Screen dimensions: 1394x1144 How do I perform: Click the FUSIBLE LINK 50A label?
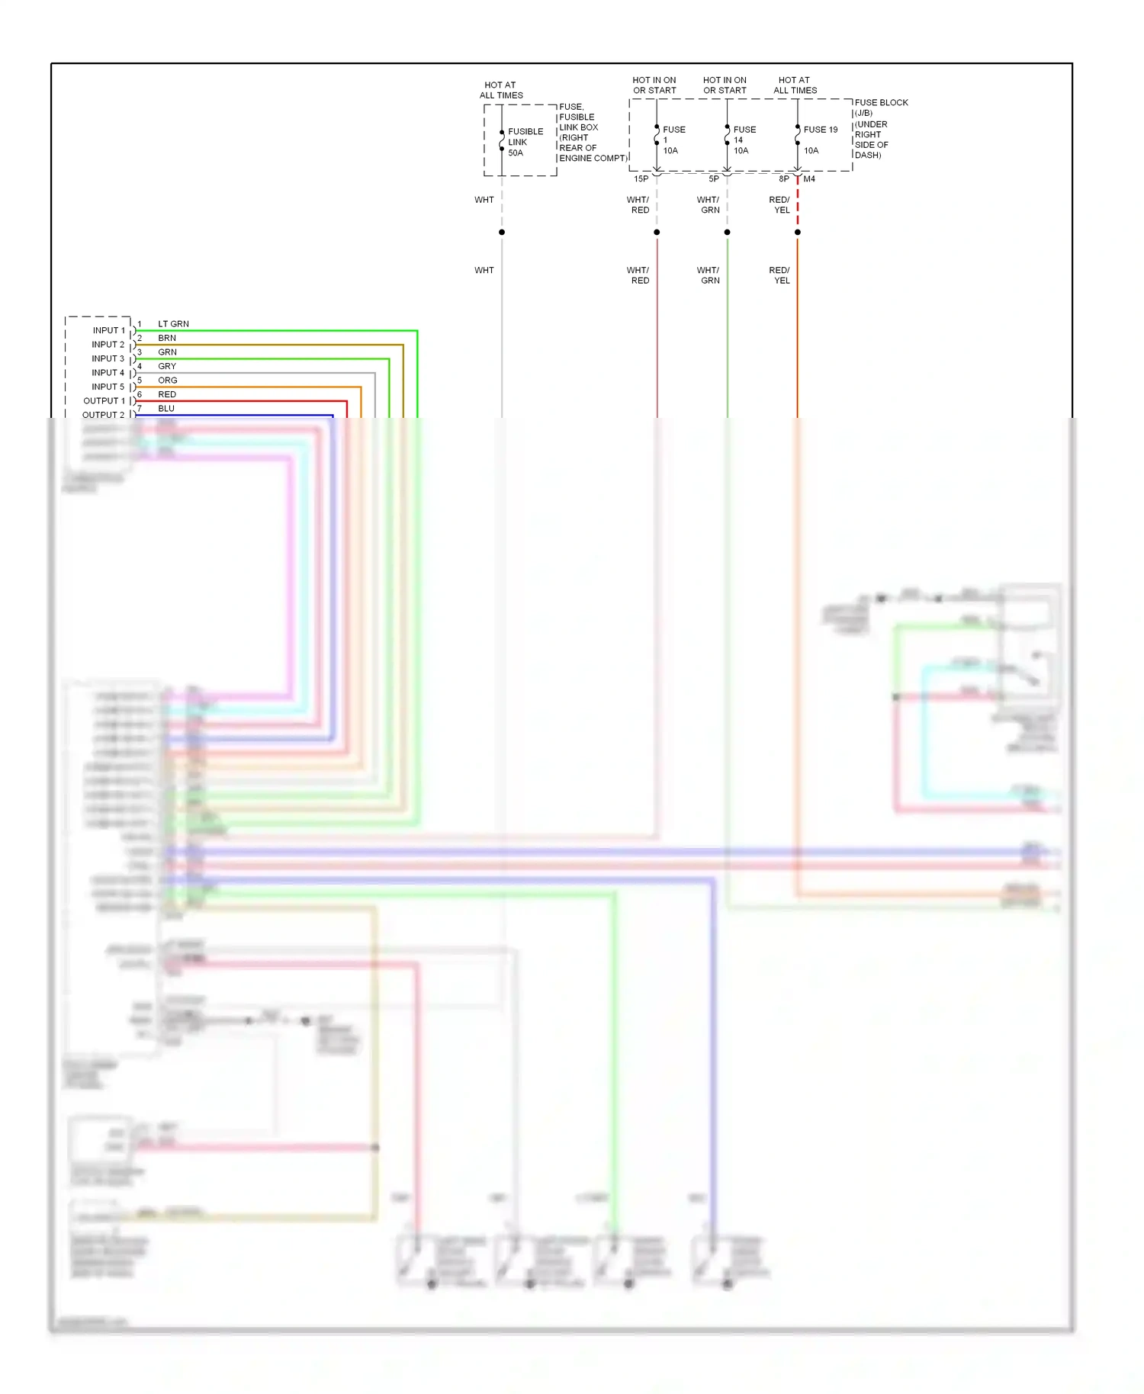(x=525, y=142)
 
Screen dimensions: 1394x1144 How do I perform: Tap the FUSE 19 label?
(x=820, y=130)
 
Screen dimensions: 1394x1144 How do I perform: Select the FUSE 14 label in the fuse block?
(x=744, y=140)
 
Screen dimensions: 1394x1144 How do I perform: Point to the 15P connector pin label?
(x=641, y=179)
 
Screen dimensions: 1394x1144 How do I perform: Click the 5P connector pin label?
(x=713, y=179)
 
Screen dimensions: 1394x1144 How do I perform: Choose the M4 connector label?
(x=809, y=179)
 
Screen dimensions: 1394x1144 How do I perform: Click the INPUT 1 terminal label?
(x=108, y=330)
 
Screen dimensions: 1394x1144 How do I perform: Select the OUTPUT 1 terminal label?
(x=104, y=401)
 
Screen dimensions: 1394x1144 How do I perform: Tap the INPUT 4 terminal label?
(x=108, y=373)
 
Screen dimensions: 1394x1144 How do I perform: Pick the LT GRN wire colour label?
(x=173, y=324)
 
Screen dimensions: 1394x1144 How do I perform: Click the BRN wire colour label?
(x=167, y=338)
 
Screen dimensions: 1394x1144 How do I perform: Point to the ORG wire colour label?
(x=168, y=381)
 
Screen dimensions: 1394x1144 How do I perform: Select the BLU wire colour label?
(x=166, y=409)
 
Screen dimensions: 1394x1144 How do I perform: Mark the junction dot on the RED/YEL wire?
(x=798, y=232)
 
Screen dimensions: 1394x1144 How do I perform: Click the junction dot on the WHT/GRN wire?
(x=727, y=232)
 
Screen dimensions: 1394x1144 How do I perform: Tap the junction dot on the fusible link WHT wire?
(x=502, y=232)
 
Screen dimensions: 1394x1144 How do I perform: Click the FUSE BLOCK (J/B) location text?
(x=880, y=128)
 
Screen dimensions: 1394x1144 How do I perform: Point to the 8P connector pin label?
(x=783, y=179)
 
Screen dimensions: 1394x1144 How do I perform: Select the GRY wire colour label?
(x=167, y=367)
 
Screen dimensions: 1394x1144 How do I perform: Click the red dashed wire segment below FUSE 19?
(x=798, y=202)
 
